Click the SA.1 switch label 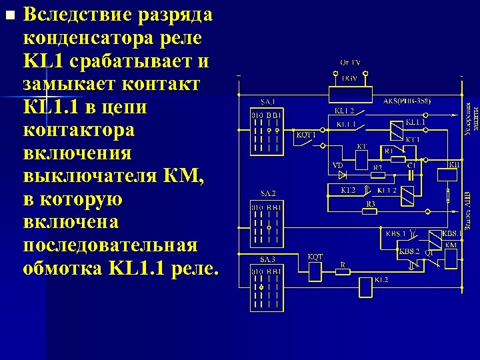[x=267, y=101]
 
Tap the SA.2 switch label [x=267, y=193]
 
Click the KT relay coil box [x=361, y=159]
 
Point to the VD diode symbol [x=343, y=175]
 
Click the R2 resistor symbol [x=378, y=175]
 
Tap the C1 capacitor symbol [x=411, y=175]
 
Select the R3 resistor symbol [x=371, y=211]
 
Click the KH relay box [x=449, y=175]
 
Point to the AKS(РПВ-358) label [x=407, y=101]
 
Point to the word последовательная [x=110, y=244]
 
